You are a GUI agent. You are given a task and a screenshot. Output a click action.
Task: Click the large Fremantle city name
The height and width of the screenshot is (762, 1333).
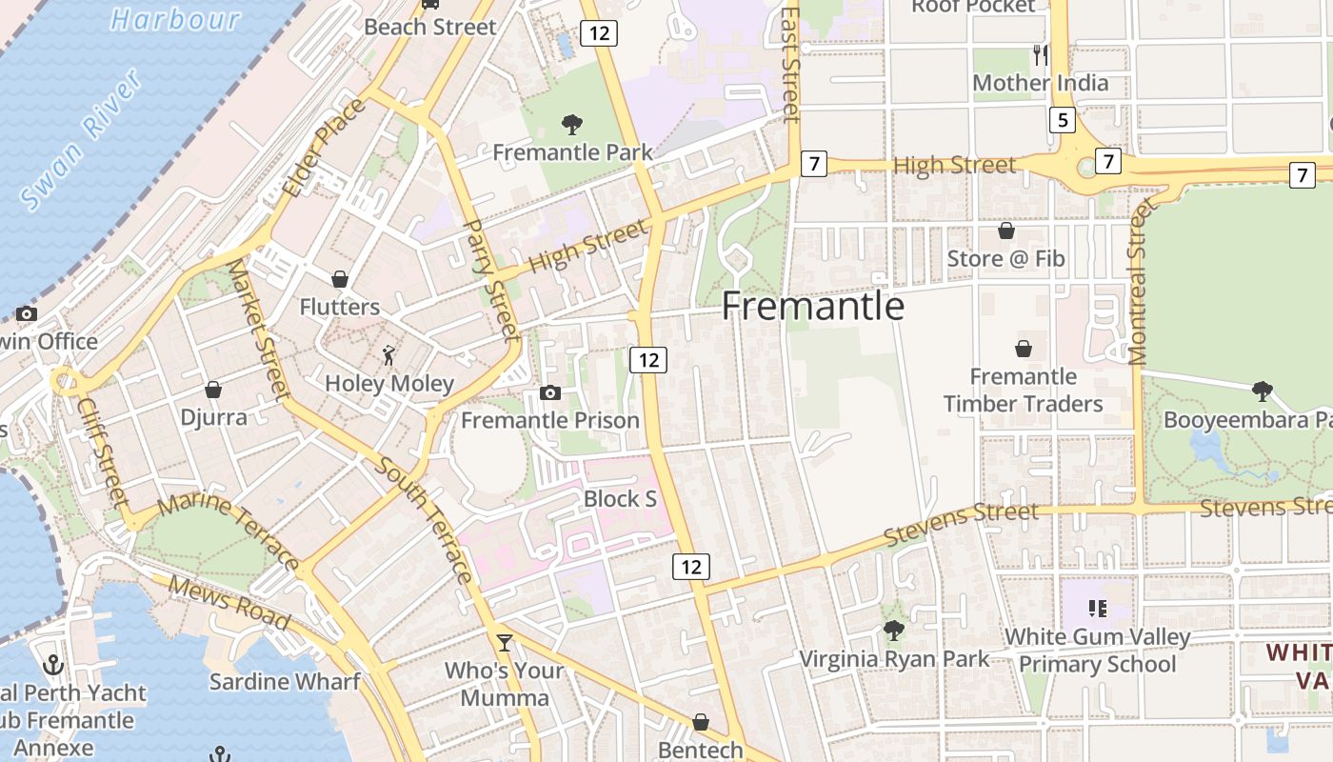(812, 307)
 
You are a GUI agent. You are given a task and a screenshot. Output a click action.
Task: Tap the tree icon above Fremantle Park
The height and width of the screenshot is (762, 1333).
(572, 124)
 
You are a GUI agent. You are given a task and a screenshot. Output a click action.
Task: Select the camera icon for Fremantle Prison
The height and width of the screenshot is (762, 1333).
(549, 392)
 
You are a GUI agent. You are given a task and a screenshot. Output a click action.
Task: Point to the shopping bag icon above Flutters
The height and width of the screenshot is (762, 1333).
(339, 279)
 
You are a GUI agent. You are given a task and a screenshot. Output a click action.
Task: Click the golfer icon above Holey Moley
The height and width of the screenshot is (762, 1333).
(388, 355)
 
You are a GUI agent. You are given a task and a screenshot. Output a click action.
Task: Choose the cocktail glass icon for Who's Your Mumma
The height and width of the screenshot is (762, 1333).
(504, 643)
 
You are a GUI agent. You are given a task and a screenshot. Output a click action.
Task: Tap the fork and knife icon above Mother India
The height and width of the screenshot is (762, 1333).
(1040, 54)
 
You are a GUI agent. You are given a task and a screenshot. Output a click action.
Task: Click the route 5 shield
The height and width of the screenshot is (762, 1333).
(1064, 120)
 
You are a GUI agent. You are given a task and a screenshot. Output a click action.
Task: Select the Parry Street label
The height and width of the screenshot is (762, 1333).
(491, 281)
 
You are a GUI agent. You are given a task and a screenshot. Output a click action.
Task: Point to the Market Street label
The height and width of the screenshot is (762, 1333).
(258, 329)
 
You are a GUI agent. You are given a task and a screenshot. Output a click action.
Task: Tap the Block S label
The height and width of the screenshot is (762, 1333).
(620, 499)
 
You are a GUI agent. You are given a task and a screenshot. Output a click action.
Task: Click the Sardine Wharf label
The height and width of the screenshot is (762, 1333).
(285, 682)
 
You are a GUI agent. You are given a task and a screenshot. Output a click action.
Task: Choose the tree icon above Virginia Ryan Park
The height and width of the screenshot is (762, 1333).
(893, 630)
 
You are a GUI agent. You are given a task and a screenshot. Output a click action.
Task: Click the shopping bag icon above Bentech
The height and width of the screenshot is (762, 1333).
(701, 722)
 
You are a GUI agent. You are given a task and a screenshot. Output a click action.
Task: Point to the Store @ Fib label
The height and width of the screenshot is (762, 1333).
(1005, 259)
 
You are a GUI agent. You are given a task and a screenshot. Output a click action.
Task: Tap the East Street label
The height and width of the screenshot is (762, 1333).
(790, 65)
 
